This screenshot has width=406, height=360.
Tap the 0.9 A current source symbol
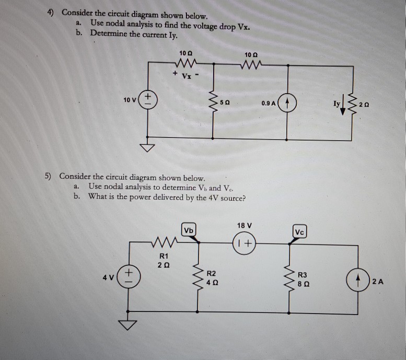(x=287, y=103)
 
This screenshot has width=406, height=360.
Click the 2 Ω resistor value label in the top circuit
(x=364, y=105)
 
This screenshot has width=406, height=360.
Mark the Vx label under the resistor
(x=187, y=76)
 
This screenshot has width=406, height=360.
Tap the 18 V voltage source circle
(x=245, y=243)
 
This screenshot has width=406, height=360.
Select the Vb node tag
(x=189, y=230)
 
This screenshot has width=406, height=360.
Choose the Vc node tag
(x=299, y=231)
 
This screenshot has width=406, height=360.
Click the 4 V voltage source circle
(x=129, y=276)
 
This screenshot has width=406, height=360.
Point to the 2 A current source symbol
(x=358, y=280)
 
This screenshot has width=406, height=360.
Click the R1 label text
(x=164, y=256)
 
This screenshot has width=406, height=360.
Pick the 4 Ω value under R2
(x=212, y=283)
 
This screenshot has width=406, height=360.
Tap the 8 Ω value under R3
(x=304, y=284)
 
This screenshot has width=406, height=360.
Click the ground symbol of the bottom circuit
(x=127, y=325)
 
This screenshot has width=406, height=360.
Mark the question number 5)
(x=48, y=176)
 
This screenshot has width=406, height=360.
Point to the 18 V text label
(x=245, y=225)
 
